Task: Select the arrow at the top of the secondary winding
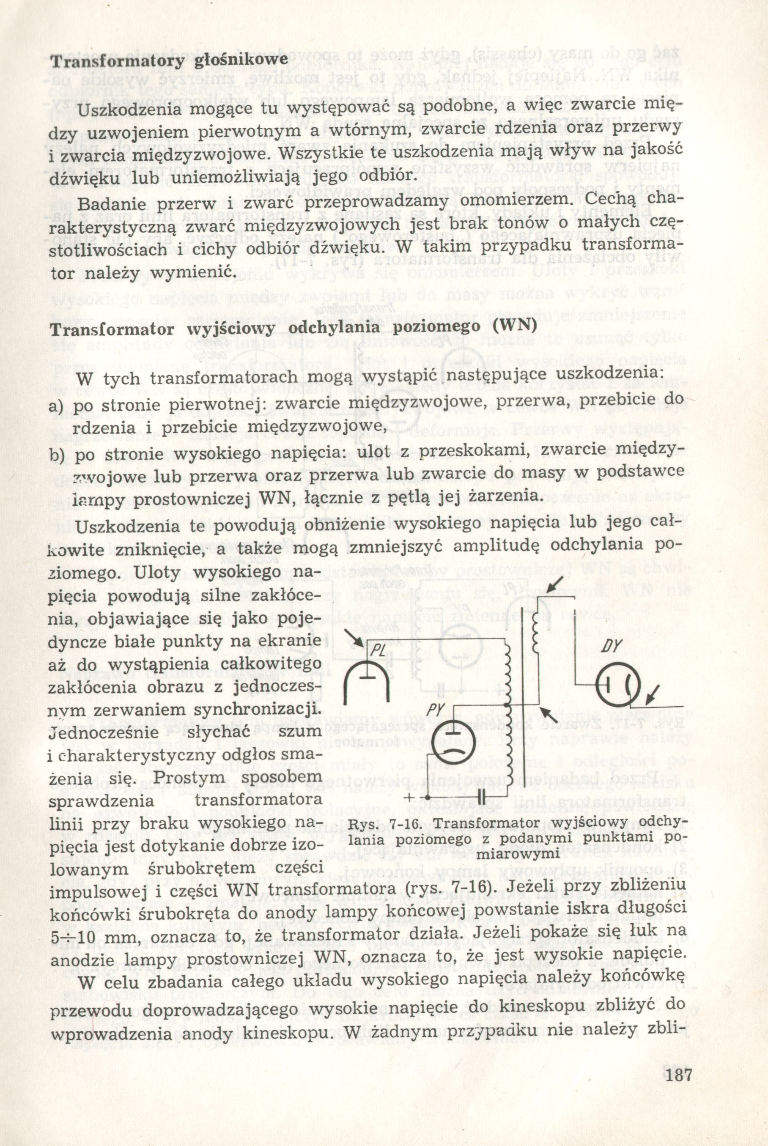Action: pos(555,587)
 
